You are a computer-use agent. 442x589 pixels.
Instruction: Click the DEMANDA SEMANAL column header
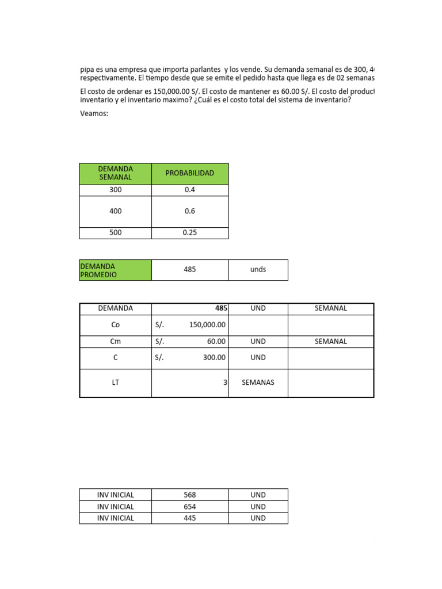pos(115,173)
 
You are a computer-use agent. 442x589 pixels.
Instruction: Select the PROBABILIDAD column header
pos(189,173)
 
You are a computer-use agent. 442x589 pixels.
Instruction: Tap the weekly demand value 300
pos(115,190)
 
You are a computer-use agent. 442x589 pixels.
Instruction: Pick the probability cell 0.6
pos(189,211)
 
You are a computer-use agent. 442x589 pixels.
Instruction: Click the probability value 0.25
pos(189,233)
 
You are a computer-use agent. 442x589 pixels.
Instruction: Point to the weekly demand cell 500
pos(115,233)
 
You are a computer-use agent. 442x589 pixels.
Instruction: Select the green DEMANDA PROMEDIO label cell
pos(115,270)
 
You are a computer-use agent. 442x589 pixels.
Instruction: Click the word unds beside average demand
pos(258,270)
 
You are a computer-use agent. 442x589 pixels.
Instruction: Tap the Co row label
pos(115,325)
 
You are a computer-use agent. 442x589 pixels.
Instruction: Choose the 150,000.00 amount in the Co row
pos(207,325)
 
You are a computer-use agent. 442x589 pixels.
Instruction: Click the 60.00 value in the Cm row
pos(216,341)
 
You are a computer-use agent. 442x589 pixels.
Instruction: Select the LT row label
pos(115,383)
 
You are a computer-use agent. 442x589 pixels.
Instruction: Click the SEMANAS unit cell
pos(258,383)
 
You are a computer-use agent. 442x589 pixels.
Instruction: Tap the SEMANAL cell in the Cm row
pos(330,341)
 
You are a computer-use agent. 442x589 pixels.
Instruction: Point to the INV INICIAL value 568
pos(189,495)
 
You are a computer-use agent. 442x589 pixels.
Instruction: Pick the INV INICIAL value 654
pos(189,507)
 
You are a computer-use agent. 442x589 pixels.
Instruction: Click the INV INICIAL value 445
pos(189,518)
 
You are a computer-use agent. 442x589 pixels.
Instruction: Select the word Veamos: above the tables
pos(94,113)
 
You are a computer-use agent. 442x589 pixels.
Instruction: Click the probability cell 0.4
pos(189,190)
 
